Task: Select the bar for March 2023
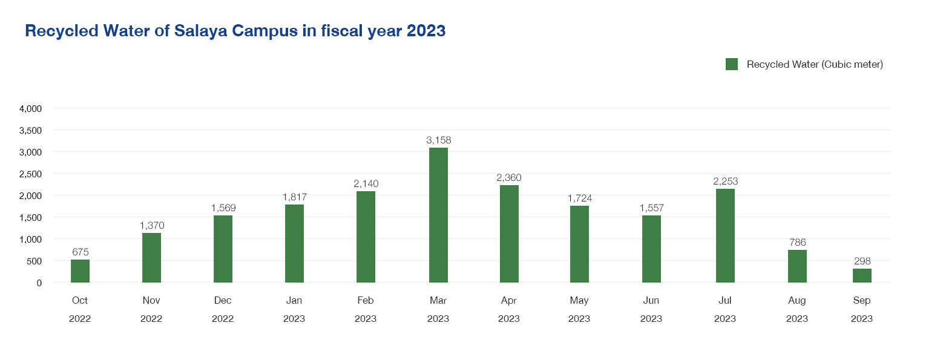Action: pyautogui.click(x=438, y=215)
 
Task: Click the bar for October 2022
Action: pyautogui.click(x=80, y=270)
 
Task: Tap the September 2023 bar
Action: pyautogui.click(x=862, y=275)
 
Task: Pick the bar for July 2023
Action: pyautogui.click(x=725, y=235)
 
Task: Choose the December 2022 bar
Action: pyautogui.click(x=223, y=249)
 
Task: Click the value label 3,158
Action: pyautogui.click(x=438, y=140)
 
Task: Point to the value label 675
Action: pyautogui.click(x=80, y=252)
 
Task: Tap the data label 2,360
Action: pyautogui.click(x=509, y=177)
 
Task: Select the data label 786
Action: pyautogui.click(x=797, y=243)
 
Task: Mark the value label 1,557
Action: pyautogui.click(x=651, y=208)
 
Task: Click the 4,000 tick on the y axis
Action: pyautogui.click(x=30, y=109)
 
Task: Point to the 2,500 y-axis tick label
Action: pyautogui.click(x=30, y=174)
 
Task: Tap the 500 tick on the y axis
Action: pyautogui.click(x=34, y=261)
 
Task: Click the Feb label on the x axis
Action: pyautogui.click(x=366, y=301)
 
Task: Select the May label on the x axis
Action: pyautogui.click(x=579, y=301)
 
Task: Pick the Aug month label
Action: pyautogui.click(x=796, y=301)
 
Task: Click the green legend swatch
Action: pyautogui.click(x=731, y=64)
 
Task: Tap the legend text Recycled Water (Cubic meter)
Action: pyautogui.click(x=815, y=64)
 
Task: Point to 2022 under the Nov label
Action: pyautogui.click(x=151, y=319)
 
